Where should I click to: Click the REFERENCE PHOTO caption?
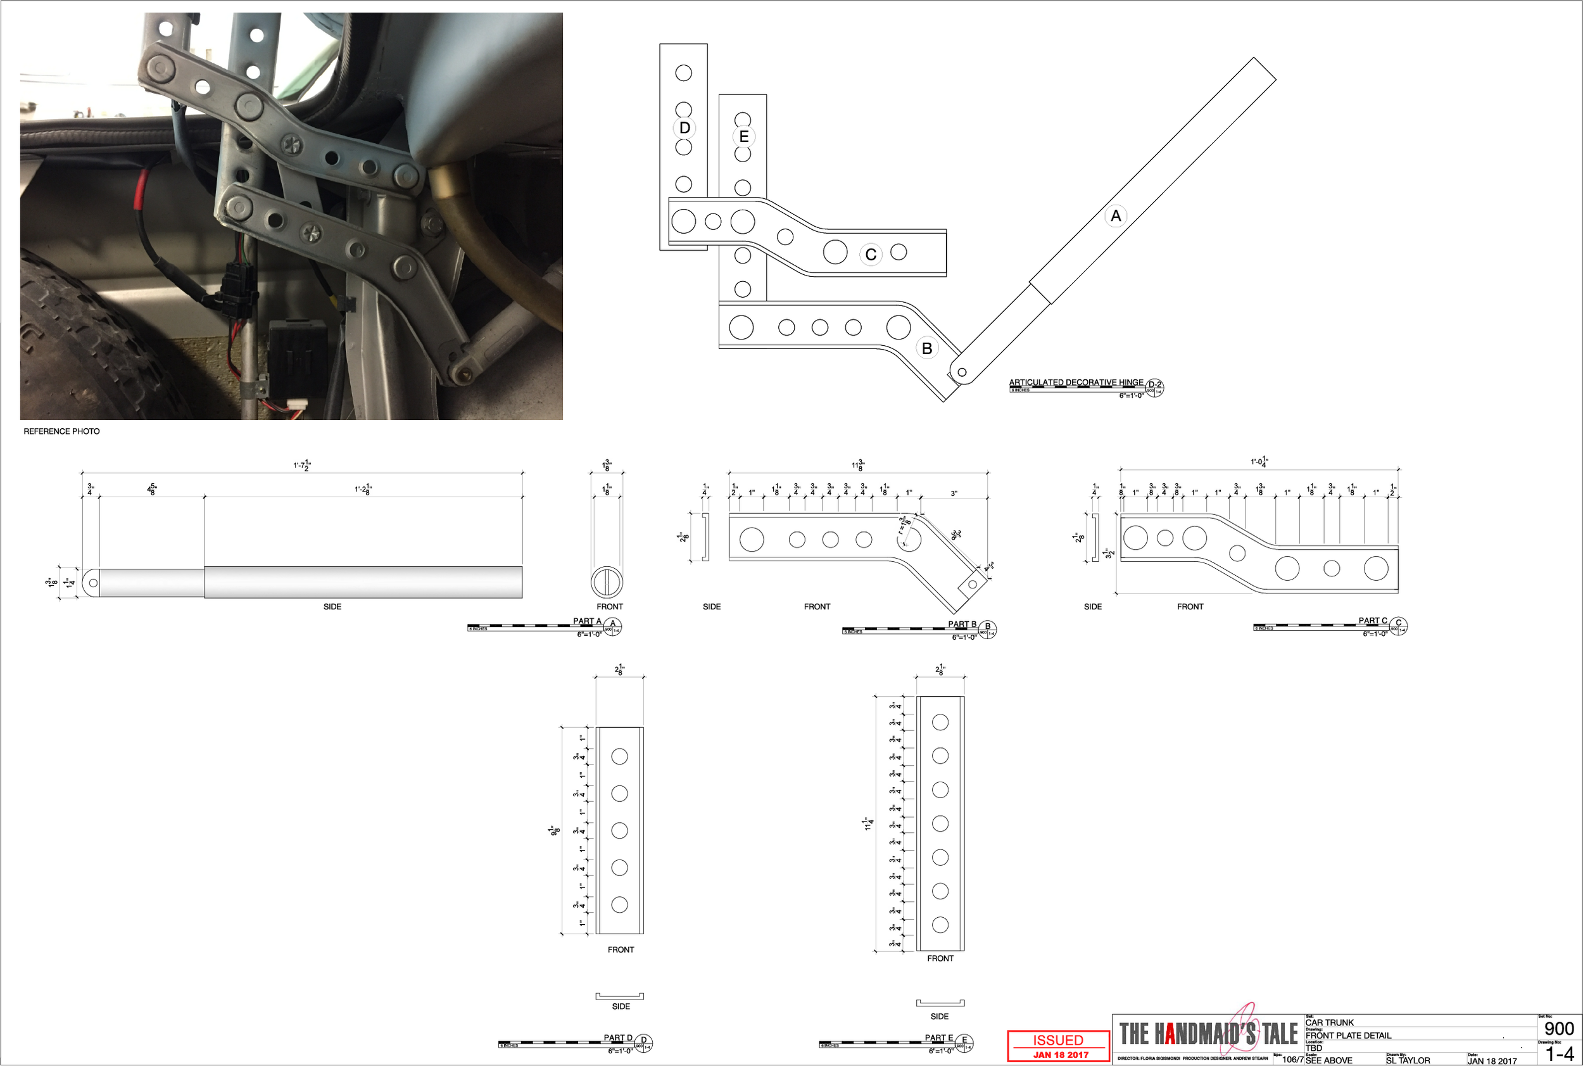point(61,431)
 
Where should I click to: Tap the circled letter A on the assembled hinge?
point(1115,216)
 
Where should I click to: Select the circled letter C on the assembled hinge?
point(871,255)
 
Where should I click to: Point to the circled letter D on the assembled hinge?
point(684,128)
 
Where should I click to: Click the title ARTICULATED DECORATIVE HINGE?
point(1075,383)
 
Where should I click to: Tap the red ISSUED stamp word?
point(1057,1040)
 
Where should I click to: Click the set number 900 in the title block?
point(1559,1029)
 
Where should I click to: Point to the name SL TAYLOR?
point(1408,1060)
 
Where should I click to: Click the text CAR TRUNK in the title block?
point(1329,1022)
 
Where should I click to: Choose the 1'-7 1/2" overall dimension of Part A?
point(303,465)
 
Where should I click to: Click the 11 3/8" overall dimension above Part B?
point(858,465)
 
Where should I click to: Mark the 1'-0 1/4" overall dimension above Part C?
point(1259,462)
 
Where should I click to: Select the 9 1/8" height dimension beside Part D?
point(555,830)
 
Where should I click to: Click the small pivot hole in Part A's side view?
point(93,583)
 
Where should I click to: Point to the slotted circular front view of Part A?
point(606,583)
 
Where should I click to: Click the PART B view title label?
point(962,624)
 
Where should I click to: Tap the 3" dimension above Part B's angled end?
point(954,493)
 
